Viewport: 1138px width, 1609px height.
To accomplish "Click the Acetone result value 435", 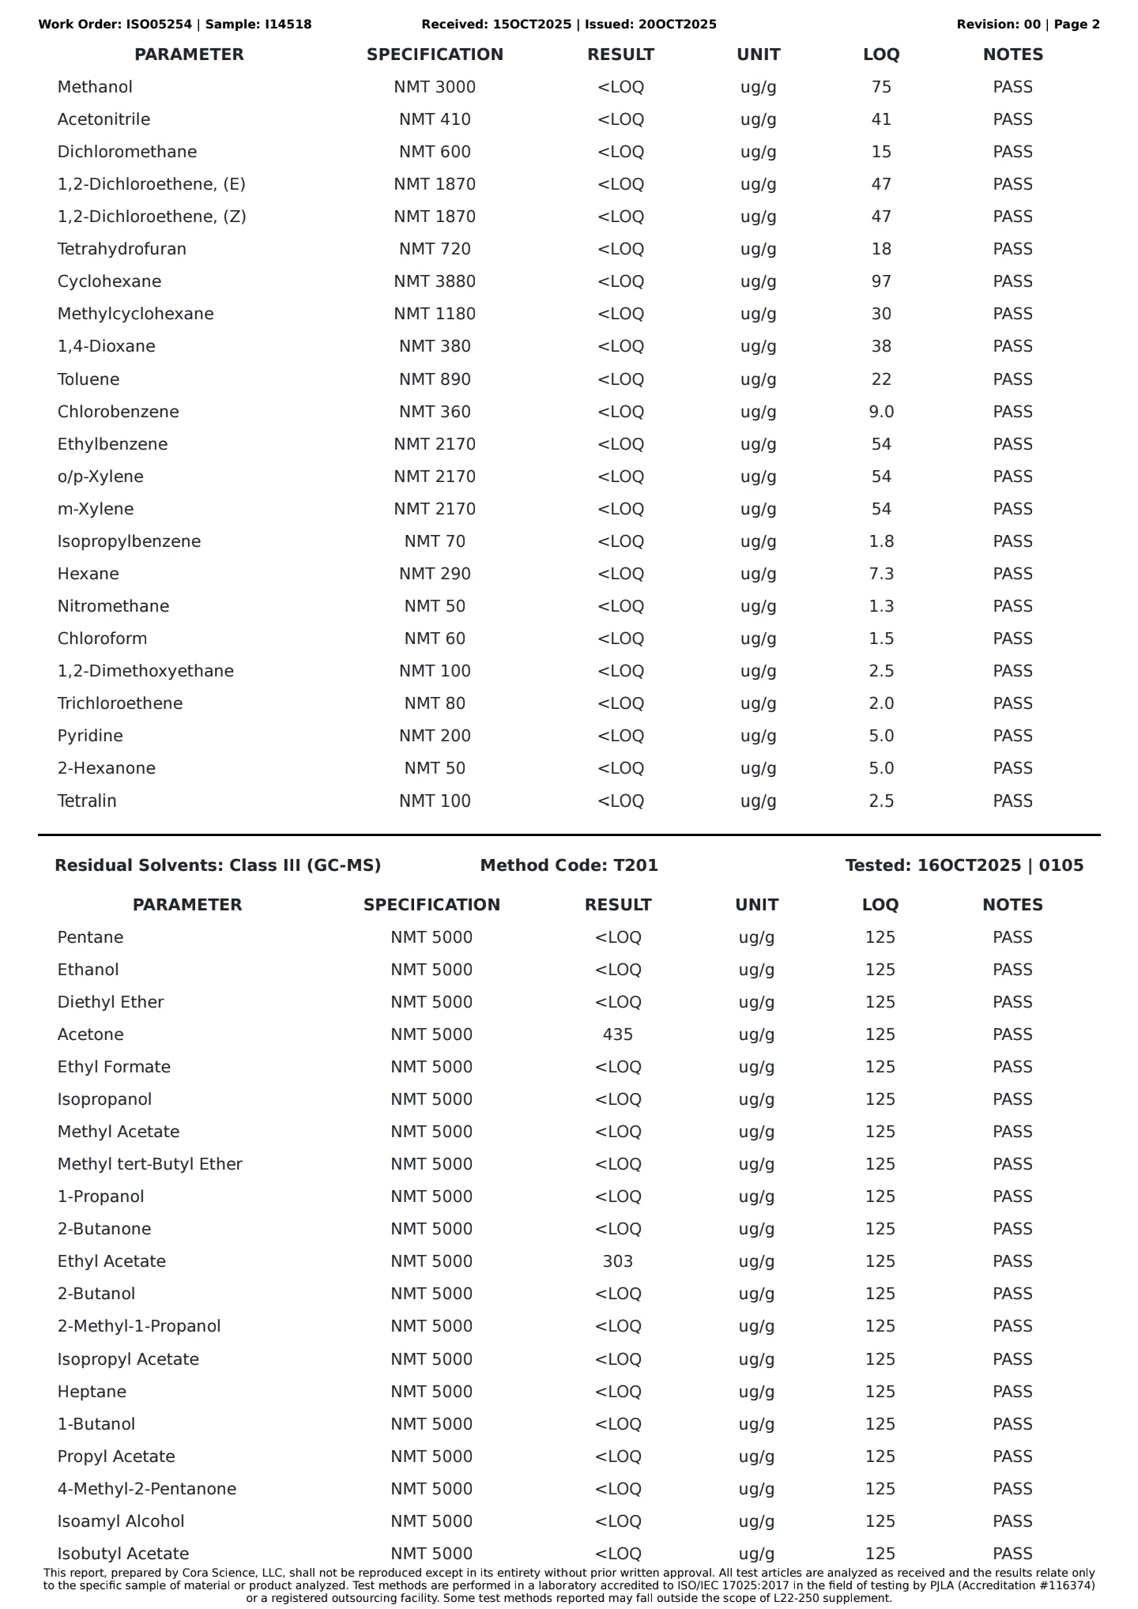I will pyautogui.click(x=617, y=1034).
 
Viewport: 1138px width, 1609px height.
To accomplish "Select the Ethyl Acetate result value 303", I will pyautogui.click(x=617, y=1261).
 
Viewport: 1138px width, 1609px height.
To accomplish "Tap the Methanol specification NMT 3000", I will pyautogui.click(x=435, y=87).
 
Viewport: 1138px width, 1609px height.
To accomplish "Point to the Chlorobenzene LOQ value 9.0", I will pyautogui.click(x=881, y=412).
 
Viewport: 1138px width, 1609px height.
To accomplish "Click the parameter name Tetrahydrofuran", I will pyautogui.click(x=122, y=249).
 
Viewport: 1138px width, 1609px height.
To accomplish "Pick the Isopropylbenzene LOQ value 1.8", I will pyautogui.click(x=881, y=541).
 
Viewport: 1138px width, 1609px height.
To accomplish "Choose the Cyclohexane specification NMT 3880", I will pyautogui.click(x=435, y=281).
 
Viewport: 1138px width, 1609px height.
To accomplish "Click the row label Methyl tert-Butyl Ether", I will pyautogui.click(x=149, y=1164).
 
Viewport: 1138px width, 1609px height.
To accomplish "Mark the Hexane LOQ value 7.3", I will pyautogui.click(x=881, y=574).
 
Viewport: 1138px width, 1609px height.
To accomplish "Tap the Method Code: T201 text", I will pyautogui.click(x=569, y=865).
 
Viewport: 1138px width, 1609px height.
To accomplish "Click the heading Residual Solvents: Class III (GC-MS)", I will pyautogui.click(x=217, y=865).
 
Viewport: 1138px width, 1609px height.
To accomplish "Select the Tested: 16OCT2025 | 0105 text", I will pyautogui.click(x=964, y=865).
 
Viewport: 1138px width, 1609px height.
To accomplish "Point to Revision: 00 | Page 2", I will pyautogui.click(x=1027, y=24).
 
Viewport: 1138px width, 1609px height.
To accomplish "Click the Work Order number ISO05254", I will pyautogui.click(x=159, y=24).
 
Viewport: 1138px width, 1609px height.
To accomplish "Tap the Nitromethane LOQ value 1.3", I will pyautogui.click(x=881, y=606).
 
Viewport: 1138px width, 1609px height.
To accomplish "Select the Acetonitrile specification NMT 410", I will pyautogui.click(x=435, y=119).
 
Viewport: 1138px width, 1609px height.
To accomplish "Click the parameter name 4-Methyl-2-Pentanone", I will pyautogui.click(x=146, y=1489).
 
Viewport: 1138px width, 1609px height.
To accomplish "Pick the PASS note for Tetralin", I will pyautogui.click(x=1012, y=801).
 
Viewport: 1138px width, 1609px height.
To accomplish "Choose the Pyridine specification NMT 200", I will pyautogui.click(x=435, y=736).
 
